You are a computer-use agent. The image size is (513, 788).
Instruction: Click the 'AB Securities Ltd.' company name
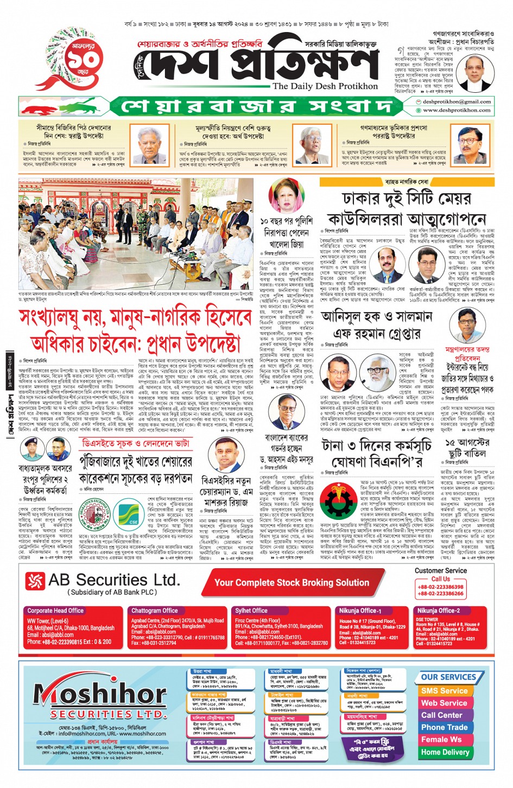coord(113,580)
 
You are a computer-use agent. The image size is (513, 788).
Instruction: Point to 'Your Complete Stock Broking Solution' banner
coord(292,582)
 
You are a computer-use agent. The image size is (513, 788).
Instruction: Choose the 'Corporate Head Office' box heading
coord(55,611)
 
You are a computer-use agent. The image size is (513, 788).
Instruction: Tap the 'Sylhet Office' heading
coord(251,611)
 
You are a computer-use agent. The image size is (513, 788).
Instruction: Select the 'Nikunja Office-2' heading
coord(438,611)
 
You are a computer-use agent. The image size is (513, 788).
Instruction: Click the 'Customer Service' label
coord(440,570)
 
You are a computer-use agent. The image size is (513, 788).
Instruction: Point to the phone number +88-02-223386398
coord(440,587)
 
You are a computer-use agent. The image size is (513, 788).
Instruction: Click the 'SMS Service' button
coord(444,691)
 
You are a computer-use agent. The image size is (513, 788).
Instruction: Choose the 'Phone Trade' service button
coord(444,727)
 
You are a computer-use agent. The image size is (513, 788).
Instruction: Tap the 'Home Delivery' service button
coord(445,752)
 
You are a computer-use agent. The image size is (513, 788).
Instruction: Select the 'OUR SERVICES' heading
coord(448,677)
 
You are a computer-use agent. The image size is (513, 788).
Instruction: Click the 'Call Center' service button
coord(442,715)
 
